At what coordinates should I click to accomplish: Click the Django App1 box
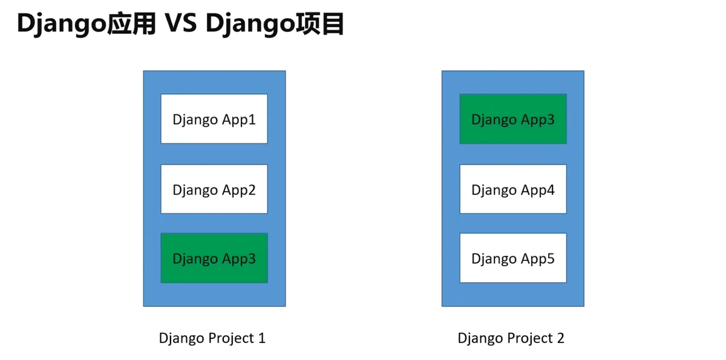pyautogui.click(x=214, y=119)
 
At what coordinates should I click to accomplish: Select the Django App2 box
pyautogui.click(x=214, y=189)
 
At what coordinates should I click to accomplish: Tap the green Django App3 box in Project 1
pyautogui.click(x=214, y=258)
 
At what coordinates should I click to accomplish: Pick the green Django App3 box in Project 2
pyautogui.click(x=513, y=119)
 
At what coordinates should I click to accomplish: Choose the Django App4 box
pyautogui.click(x=513, y=189)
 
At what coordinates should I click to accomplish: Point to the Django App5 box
pyautogui.click(x=513, y=258)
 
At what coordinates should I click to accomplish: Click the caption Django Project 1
pyautogui.click(x=212, y=339)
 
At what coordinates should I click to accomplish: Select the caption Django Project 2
pyautogui.click(x=511, y=339)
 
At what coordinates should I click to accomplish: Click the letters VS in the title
pyautogui.click(x=181, y=24)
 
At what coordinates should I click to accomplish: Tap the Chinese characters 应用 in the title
pyautogui.click(x=132, y=24)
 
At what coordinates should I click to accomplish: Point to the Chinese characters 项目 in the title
pyautogui.click(x=320, y=24)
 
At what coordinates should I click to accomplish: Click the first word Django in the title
pyautogui.click(x=62, y=25)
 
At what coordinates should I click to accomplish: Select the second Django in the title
pyautogui.click(x=250, y=25)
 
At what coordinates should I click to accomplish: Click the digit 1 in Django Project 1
pyautogui.click(x=262, y=338)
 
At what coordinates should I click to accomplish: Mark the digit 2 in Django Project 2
pyautogui.click(x=561, y=338)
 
